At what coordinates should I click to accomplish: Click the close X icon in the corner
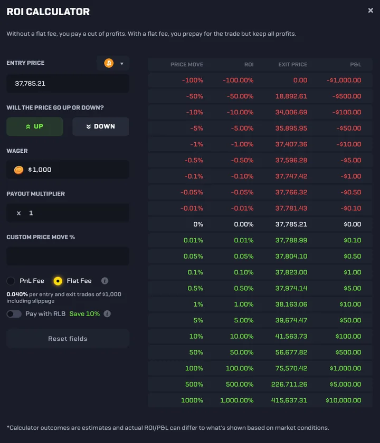pos(370,11)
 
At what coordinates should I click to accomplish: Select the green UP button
pos(35,126)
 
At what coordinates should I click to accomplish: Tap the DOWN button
pos(101,126)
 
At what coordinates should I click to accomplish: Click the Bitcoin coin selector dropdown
pos(113,63)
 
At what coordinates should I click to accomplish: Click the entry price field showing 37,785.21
pos(68,83)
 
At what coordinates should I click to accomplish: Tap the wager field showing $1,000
pos(68,170)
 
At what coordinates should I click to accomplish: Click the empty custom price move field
pos(68,256)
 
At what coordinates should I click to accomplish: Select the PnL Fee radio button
pos(11,281)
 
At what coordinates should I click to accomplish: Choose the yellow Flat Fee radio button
pos(58,281)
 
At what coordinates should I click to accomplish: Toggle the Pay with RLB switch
pos(14,314)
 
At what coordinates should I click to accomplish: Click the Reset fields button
pos(68,339)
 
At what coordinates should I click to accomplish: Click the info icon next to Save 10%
pos(107,314)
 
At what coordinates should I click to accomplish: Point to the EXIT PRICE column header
pos(292,64)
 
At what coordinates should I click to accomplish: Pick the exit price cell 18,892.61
pos(291,96)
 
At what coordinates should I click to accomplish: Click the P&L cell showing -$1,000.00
pos(344,80)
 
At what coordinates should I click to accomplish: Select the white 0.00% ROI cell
pos(243,224)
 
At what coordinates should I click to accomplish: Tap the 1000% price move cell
pos(192,400)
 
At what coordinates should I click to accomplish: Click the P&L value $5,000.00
pos(346,384)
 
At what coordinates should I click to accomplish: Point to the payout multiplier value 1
pos(31,213)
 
